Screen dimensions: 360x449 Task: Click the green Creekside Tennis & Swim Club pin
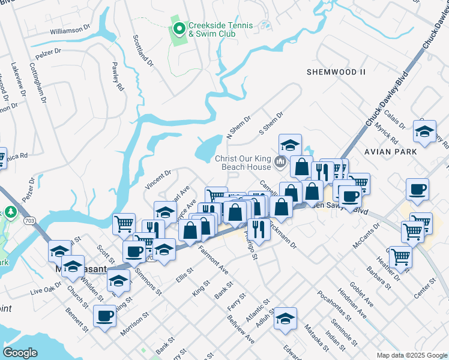(179, 28)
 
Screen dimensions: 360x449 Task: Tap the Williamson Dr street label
(70, 29)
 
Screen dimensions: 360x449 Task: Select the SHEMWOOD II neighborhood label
(336, 72)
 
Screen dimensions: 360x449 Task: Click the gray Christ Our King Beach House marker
(280, 162)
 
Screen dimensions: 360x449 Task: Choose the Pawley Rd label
(116, 77)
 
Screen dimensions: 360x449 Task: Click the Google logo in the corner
(20, 353)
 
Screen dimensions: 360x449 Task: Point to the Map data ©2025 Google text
(411, 355)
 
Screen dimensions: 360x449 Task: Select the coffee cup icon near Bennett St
(104, 316)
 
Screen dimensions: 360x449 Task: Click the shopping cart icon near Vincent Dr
(124, 223)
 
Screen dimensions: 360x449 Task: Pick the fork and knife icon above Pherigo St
(258, 228)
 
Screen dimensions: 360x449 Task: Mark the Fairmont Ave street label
(213, 260)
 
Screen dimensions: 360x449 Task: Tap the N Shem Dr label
(238, 127)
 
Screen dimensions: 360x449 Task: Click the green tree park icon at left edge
(10, 212)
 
